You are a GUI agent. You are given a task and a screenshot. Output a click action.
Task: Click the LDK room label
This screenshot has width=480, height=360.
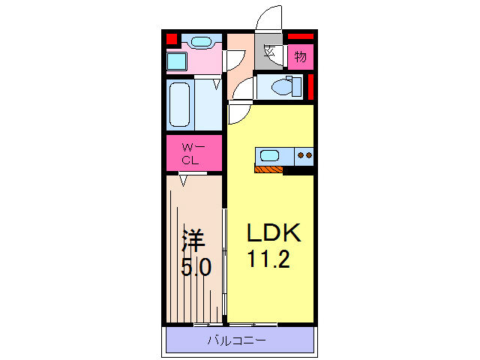point(274,233)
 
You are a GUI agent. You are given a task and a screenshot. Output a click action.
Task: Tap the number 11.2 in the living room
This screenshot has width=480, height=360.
point(268,259)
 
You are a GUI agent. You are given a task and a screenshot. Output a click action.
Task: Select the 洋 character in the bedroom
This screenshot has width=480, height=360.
point(193,240)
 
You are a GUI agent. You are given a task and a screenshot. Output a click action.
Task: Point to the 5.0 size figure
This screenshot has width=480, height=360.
point(196,267)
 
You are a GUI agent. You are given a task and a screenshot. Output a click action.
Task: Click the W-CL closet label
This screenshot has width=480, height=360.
point(193,154)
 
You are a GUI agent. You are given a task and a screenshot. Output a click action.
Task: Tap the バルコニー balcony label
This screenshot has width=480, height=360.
point(237,340)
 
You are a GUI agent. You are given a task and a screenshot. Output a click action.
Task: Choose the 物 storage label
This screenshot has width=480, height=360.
point(300,57)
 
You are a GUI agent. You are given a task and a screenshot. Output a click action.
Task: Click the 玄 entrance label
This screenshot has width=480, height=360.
point(269,51)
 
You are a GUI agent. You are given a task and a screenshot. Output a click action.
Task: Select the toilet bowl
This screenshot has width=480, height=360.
point(281,87)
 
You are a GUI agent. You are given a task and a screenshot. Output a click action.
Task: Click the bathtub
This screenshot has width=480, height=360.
point(180,104)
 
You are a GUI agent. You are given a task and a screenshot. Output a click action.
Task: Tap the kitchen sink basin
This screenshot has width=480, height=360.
point(269,155)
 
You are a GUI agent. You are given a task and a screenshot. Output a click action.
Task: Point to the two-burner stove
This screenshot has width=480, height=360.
point(304,156)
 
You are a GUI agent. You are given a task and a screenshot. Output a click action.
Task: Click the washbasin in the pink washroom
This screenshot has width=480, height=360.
point(201,42)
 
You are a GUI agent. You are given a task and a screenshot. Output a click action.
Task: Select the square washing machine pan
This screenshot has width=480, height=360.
point(177,61)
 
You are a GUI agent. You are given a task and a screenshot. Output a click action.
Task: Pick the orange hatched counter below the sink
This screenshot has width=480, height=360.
point(268,169)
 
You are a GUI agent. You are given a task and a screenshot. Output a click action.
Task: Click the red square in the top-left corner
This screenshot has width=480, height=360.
point(172,39)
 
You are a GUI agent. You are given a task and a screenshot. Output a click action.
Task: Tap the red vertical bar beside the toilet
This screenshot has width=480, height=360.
point(310,87)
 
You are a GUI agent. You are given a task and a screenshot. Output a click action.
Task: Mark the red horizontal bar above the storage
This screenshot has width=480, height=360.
point(301,37)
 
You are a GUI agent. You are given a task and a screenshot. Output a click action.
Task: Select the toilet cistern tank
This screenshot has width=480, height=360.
point(296,87)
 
